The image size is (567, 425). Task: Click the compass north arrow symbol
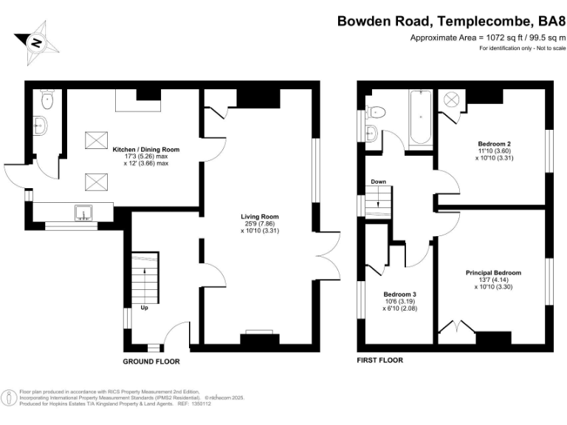36,43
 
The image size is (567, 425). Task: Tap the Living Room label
260,217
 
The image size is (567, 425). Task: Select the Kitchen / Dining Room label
145,150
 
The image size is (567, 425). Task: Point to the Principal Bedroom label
493,273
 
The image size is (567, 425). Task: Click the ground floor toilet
47,100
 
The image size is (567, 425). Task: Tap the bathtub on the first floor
421,117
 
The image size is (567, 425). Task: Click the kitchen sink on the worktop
83,212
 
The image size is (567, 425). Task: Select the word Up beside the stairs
144,308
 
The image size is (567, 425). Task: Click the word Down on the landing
378,182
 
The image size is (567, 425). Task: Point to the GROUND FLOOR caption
151,362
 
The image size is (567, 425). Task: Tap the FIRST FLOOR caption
379,360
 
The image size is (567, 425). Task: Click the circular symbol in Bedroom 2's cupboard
451,99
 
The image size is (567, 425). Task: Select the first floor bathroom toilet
376,112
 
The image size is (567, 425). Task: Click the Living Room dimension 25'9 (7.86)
260,224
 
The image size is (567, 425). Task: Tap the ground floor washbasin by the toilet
41,125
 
